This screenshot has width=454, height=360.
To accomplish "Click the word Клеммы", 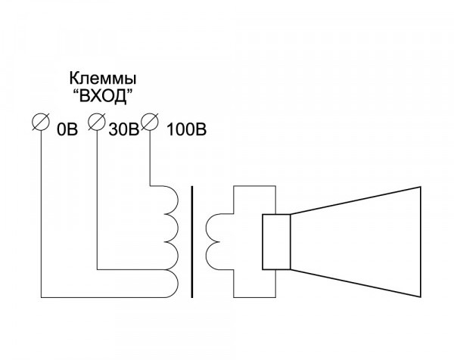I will (102, 79).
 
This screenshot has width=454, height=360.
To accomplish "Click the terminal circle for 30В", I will (97, 120).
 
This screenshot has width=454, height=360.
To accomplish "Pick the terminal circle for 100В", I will (151, 120).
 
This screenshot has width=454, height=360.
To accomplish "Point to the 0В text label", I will (67, 129).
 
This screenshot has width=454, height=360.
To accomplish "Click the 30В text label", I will (123, 129).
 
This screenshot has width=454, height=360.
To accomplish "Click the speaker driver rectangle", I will (276, 241).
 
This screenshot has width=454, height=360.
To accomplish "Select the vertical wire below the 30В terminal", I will (97, 197).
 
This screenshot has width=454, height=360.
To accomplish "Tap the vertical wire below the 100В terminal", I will (151, 159).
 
